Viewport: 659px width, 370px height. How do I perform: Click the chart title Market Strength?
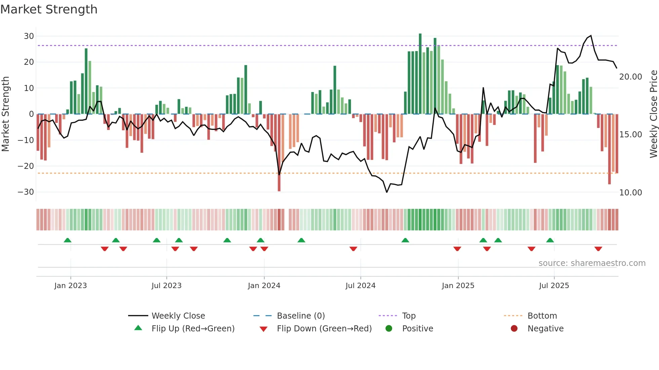[x=49, y=9]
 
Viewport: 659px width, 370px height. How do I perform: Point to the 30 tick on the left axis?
[x=29, y=36]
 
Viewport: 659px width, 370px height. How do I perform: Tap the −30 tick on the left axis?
[x=26, y=192]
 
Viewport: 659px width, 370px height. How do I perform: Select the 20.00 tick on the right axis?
[x=630, y=77]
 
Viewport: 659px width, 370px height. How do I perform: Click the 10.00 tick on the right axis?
[x=630, y=193]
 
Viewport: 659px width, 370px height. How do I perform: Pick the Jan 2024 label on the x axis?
[x=264, y=286]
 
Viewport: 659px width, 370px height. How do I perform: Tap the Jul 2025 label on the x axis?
[x=554, y=286]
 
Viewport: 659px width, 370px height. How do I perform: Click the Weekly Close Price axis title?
[x=653, y=114]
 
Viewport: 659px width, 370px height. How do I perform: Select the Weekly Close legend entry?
[x=178, y=316]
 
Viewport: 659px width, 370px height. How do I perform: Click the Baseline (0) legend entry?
[x=301, y=316]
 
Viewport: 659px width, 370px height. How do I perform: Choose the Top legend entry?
[x=409, y=316]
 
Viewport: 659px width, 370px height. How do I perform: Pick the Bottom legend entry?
[x=542, y=316]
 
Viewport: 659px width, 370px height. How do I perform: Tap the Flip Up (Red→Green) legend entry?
[x=193, y=329]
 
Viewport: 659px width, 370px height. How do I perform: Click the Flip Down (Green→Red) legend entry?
[x=324, y=329]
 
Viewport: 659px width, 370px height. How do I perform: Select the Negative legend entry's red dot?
[x=514, y=329]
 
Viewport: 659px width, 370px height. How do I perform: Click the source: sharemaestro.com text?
[x=592, y=263]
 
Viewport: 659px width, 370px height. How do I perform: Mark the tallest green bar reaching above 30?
[x=420, y=74]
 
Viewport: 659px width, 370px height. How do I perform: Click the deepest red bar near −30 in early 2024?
[x=279, y=153]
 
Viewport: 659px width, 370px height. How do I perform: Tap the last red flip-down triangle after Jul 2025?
[x=598, y=249]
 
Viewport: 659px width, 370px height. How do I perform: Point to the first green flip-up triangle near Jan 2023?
[x=68, y=240]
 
